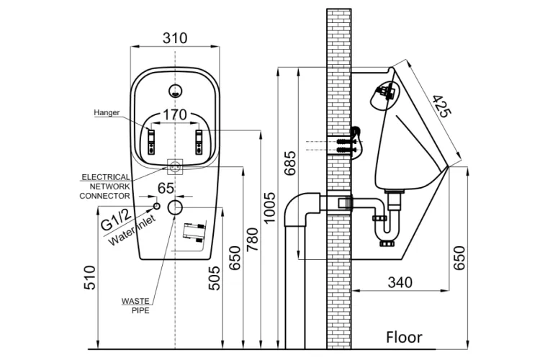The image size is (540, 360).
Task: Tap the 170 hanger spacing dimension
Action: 174,114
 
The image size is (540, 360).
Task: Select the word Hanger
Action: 107,112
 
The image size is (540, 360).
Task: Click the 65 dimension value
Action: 166,189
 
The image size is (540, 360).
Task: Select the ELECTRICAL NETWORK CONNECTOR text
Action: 105,186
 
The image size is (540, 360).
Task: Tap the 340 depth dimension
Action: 400,282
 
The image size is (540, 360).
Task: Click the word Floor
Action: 404,337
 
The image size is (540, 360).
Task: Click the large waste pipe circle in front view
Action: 175,208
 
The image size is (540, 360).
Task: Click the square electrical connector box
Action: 174,166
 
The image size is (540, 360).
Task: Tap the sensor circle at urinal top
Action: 174,91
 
